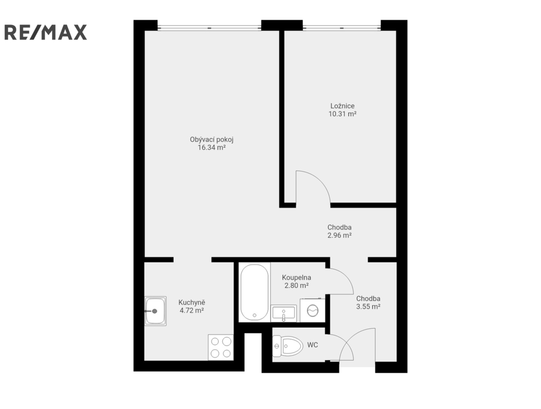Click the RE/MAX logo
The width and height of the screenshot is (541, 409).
pos(45,32)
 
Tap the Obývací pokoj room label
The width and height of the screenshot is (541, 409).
pos(212,140)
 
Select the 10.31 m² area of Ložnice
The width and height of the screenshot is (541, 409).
pos(342,114)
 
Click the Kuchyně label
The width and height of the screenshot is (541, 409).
pos(192,302)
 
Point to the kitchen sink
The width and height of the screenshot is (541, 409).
pos(155,311)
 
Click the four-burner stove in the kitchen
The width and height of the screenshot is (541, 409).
pos(221,347)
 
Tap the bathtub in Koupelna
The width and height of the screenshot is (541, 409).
pos(255,292)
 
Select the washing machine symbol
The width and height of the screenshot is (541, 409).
pos(313,310)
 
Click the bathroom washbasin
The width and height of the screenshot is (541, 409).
pos(284,313)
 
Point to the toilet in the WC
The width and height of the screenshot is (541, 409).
pos(287,346)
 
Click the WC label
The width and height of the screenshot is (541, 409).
pos(313,345)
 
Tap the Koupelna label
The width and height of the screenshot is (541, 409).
pos(296,277)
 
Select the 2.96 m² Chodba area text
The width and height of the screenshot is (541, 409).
pos(339,235)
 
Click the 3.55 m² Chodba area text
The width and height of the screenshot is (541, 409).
pos(369,306)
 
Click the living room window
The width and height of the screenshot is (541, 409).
pos(209,27)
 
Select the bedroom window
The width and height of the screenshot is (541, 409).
pos(342,27)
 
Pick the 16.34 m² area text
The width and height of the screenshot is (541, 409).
pos(212,148)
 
